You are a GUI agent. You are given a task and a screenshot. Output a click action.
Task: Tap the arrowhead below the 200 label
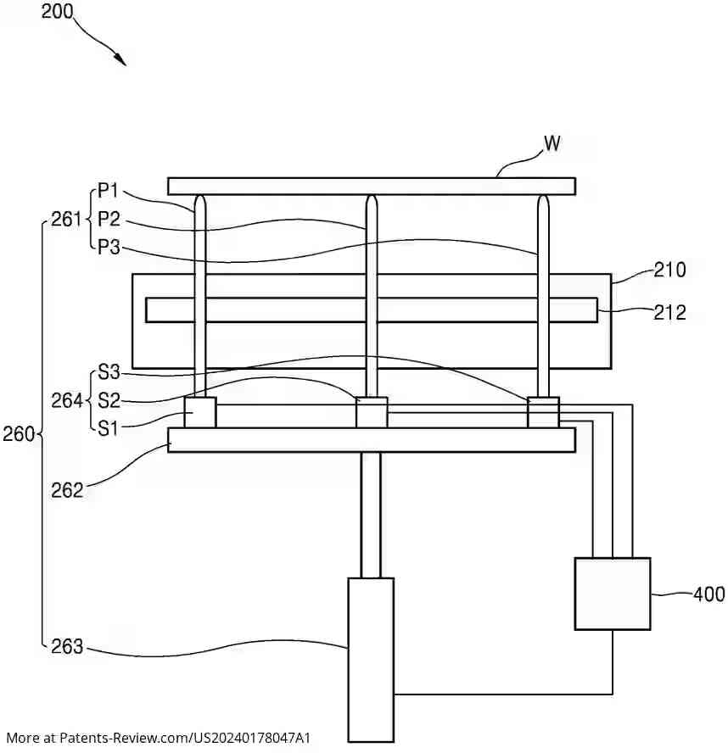[121, 60]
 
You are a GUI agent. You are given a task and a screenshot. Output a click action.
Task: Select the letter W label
[552, 143]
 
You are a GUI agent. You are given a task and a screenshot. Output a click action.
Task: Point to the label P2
[109, 220]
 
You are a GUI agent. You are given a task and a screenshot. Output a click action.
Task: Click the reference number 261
[64, 220]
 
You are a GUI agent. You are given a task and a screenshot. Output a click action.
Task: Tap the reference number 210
[669, 271]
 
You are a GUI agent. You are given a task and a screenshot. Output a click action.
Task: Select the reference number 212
[669, 313]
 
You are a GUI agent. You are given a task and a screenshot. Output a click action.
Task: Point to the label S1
[109, 427]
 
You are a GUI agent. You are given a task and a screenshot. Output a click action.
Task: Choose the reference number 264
[64, 400]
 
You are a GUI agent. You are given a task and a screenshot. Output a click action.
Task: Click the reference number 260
[18, 435]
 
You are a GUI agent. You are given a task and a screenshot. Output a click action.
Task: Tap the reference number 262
[67, 489]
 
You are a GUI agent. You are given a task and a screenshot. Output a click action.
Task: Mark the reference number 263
[67, 647]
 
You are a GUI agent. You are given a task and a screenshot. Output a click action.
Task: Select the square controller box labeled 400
[612, 594]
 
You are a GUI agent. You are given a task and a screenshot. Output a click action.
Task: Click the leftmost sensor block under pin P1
[200, 413]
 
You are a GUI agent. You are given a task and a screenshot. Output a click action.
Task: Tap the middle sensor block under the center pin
[371, 413]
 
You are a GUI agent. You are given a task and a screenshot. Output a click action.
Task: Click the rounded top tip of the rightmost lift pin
[543, 200]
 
